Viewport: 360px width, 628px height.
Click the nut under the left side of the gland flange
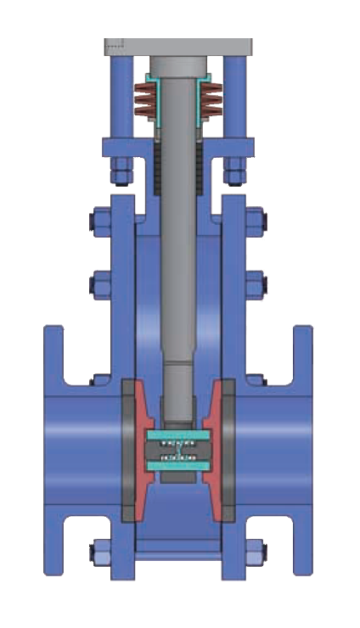pos(119,172)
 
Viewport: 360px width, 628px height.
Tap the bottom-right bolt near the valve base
pos(256,552)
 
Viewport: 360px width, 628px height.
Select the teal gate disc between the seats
pos(178,450)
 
